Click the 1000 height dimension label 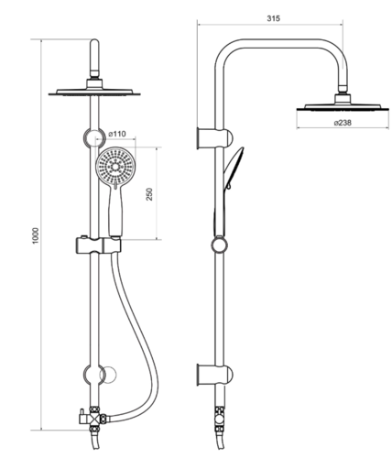(x=36, y=235)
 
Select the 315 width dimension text (x=273, y=18)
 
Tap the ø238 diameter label (x=343, y=123)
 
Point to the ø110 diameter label (x=117, y=134)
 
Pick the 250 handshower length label (x=149, y=194)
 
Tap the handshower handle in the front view (x=115, y=213)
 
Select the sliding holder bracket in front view (x=98, y=245)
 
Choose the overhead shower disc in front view (x=94, y=92)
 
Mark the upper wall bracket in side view (x=215, y=139)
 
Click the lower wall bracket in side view (x=215, y=376)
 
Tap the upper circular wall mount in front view (x=94, y=138)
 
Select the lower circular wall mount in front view (x=94, y=375)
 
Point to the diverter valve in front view (x=93, y=418)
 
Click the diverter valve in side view (x=219, y=419)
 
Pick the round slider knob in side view (x=220, y=245)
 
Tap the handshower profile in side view (x=230, y=191)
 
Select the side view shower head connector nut (x=343, y=98)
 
